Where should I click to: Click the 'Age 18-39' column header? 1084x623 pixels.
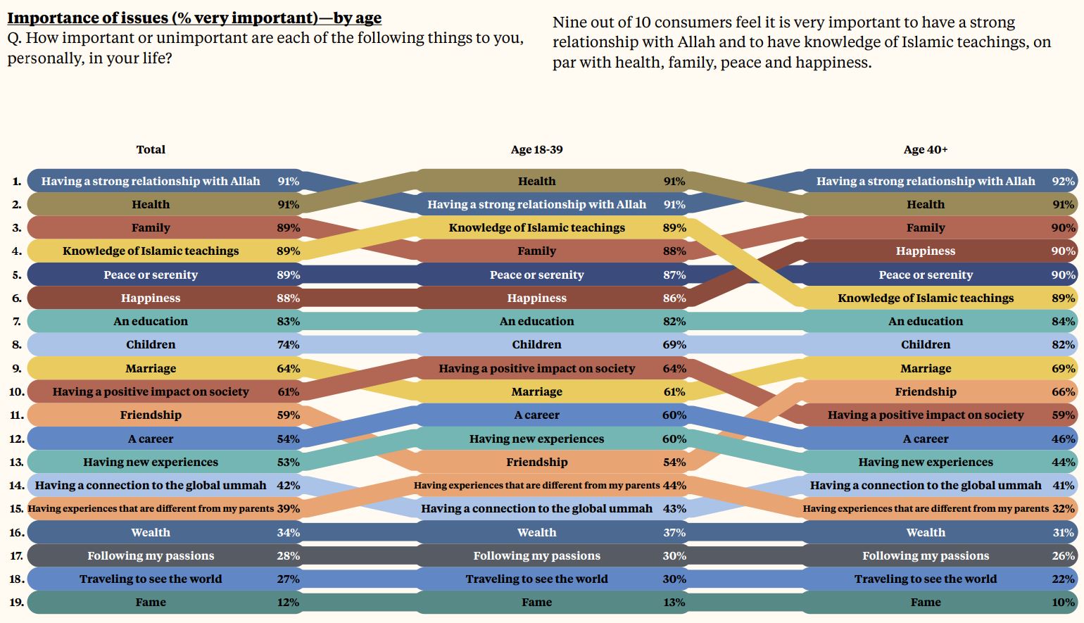coord(536,149)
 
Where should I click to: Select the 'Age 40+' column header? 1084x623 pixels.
coord(925,149)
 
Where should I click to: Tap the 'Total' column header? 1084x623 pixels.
coord(151,149)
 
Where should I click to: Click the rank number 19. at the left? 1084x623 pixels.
coord(17,603)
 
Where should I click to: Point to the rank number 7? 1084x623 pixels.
coord(17,322)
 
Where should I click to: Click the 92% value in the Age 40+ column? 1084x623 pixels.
coord(1063,181)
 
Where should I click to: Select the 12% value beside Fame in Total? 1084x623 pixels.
coord(288,603)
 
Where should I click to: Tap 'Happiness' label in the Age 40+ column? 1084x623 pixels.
coord(925,251)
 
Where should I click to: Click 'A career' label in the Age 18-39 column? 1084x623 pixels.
coord(536,415)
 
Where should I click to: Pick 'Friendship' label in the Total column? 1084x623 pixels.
coord(151,415)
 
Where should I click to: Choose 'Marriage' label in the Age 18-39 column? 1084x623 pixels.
coord(536,392)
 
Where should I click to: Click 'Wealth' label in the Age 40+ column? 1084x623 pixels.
coord(925,533)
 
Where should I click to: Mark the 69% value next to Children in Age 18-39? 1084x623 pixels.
coord(674,345)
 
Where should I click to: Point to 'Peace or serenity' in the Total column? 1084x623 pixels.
coord(151,275)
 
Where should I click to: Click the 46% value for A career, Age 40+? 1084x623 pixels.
coord(1063,439)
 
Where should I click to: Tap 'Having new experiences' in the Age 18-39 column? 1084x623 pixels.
coord(536,439)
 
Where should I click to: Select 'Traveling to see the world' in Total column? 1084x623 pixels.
coord(151,579)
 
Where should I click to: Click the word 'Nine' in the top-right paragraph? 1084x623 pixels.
coord(569,23)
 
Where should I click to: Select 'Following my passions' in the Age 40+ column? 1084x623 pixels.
coord(925,556)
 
